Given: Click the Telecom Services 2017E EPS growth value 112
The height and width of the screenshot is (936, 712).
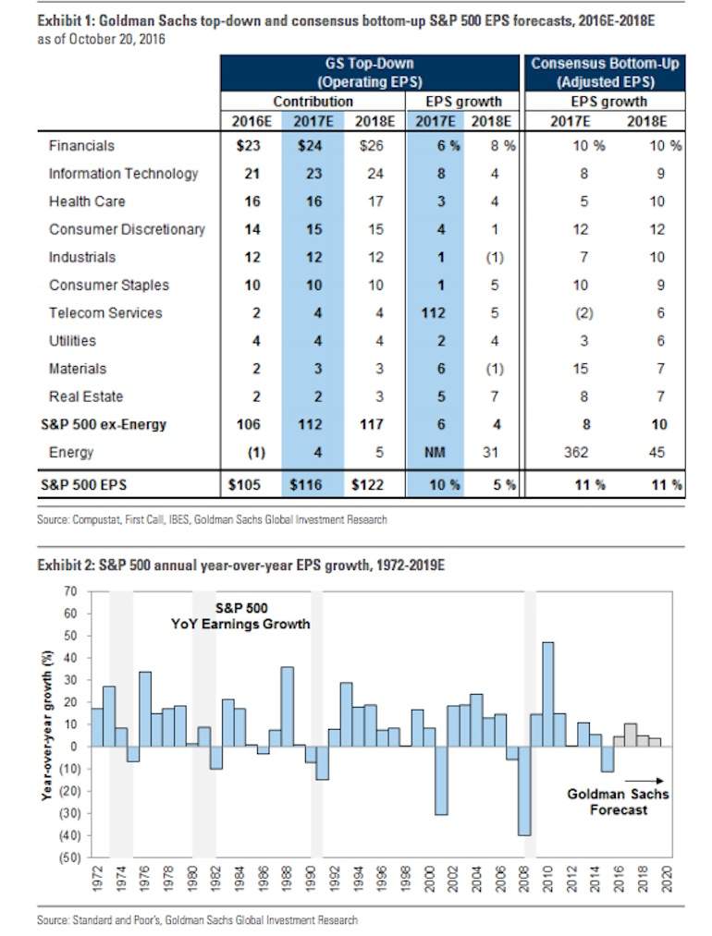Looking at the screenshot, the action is (x=434, y=313).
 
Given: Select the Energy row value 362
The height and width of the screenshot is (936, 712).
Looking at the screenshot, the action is (x=576, y=453).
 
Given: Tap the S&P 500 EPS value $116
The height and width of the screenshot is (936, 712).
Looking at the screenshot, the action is (x=306, y=485).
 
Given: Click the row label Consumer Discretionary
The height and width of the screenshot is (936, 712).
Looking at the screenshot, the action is (x=127, y=229).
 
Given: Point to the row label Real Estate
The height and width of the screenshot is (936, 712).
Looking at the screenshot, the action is (x=86, y=396).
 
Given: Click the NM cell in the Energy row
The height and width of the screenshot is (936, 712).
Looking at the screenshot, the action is (x=435, y=453).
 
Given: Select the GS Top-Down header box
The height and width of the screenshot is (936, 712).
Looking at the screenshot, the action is (x=370, y=73).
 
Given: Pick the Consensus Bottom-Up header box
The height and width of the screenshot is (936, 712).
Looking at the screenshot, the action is (x=605, y=73).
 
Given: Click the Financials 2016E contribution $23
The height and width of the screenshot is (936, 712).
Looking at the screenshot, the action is (x=249, y=146).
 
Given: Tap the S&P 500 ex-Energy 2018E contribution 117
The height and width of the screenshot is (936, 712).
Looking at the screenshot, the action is (x=372, y=424).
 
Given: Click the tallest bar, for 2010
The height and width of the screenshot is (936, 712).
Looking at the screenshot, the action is (x=547, y=694).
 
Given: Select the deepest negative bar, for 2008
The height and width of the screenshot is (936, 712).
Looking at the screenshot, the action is (x=524, y=790).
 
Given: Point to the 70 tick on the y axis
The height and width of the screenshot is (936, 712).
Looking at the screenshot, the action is (x=70, y=591).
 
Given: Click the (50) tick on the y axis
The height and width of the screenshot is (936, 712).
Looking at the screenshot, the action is (x=68, y=857).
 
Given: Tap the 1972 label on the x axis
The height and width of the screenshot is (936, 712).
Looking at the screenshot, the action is (x=98, y=879).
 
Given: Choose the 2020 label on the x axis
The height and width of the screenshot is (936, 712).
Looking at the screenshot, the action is (x=667, y=879).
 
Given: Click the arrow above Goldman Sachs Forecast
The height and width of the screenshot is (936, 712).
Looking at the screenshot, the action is (x=644, y=781).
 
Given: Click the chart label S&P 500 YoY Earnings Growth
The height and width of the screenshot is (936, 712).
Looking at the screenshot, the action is (x=240, y=616).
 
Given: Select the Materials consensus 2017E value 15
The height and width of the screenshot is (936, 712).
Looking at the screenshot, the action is (x=581, y=369).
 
